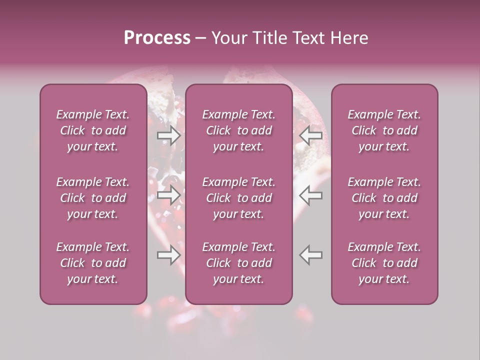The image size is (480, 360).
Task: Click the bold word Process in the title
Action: tap(157, 38)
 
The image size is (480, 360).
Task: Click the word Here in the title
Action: tap(349, 38)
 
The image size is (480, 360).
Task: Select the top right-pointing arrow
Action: tap(169, 135)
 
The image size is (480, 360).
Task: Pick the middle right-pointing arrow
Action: tap(169, 195)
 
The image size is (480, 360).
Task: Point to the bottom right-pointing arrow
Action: tap(169, 255)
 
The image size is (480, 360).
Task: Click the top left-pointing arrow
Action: tap(310, 135)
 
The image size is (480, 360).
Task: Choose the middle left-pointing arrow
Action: tap(310, 195)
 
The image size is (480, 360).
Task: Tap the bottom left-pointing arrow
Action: tap(310, 255)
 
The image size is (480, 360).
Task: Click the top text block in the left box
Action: tap(93, 130)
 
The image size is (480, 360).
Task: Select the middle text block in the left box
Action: tap(93, 198)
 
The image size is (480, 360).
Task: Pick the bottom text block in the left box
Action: tap(93, 263)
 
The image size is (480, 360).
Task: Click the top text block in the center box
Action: tap(239, 130)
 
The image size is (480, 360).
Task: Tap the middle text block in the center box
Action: tap(239, 198)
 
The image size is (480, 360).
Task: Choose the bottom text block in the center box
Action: tap(239, 263)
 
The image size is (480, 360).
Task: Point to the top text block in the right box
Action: tap(384, 130)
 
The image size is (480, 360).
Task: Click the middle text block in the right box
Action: tap(384, 198)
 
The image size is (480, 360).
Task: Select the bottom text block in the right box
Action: tap(384, 263)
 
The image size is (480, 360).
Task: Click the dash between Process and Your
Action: tap(201, 38)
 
